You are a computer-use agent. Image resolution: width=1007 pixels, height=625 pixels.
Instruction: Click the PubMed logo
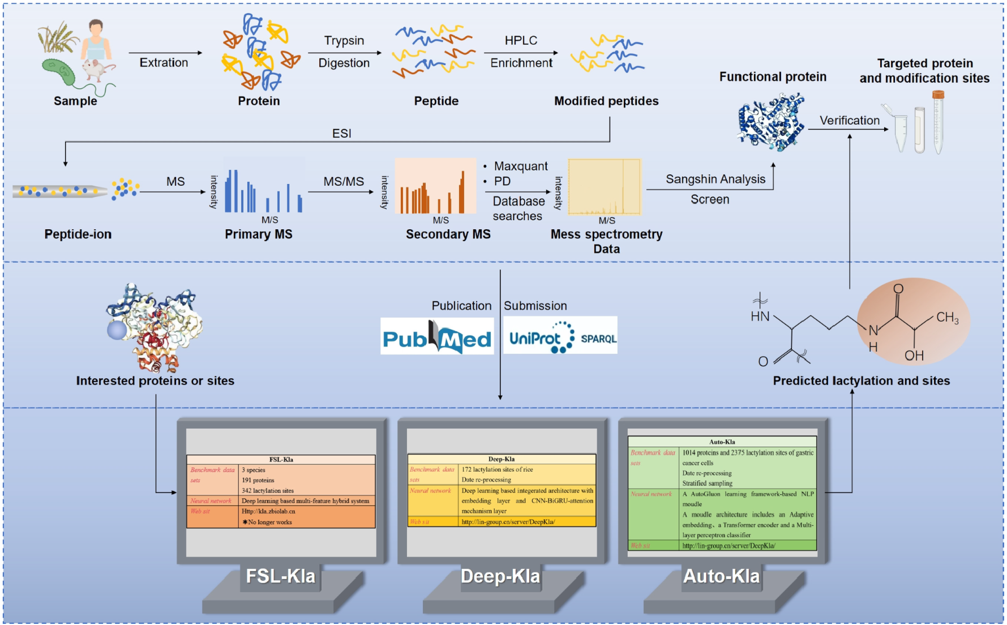[x=436, y=336]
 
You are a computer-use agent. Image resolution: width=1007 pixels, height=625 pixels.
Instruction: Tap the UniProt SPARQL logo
[x=560, y=336]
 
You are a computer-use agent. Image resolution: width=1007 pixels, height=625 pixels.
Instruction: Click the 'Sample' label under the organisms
[x=75, y=101]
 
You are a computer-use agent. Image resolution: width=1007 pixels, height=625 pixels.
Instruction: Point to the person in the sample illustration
[x=96, y=40]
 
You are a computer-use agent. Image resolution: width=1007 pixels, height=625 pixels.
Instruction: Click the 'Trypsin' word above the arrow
[x=344, y=41]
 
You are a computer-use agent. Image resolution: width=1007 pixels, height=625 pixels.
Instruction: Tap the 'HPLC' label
[x=521, y=41]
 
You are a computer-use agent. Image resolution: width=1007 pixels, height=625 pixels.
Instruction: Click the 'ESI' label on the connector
[x=341, y=134]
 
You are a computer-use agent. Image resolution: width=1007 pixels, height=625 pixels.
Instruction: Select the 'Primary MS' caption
[x=258, y=234]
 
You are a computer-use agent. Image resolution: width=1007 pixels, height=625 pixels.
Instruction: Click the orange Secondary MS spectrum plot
[x=435, y=186]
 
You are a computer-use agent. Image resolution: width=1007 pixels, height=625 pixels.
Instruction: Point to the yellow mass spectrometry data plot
[x=604, y=187]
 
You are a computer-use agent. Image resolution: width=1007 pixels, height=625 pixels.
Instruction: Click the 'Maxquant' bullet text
[x=521, y=166]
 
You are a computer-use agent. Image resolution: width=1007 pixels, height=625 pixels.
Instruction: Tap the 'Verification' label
[x=849, y=121]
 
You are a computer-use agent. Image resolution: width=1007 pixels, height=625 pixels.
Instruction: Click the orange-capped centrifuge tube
[x=938, y=122]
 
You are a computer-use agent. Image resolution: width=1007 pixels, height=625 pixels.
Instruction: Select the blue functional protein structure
[x=771, y=122]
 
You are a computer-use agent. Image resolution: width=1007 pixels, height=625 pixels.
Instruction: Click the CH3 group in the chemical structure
[x=946, y=318]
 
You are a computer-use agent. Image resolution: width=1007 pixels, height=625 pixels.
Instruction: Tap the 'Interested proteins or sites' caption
[x=155, y=381]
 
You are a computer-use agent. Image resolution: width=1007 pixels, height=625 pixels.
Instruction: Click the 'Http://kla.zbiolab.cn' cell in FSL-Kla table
[x=268, y=511]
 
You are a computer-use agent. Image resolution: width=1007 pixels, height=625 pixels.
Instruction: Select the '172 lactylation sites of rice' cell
[x=497, y=469]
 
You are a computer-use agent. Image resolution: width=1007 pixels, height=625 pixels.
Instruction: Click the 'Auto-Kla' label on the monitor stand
[x=721, y=576]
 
